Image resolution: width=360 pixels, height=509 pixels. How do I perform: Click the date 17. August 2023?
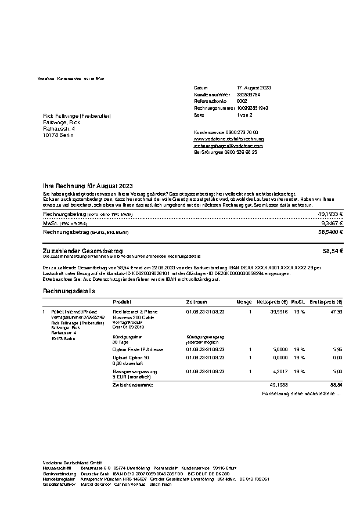pos(254,88)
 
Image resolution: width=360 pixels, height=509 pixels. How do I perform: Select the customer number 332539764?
pos(249,94)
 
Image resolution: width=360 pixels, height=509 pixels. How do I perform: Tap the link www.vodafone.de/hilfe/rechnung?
pos(228,139)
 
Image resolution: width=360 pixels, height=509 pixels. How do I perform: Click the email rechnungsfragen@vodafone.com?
pos(228,146)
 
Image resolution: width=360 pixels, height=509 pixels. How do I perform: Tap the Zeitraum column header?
pos(196,302)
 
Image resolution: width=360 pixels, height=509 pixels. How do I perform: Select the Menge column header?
pos(244,302)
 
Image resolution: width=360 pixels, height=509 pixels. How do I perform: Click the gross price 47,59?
pos(336,312)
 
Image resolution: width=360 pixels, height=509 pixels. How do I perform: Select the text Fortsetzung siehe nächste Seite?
pos(301,394)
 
